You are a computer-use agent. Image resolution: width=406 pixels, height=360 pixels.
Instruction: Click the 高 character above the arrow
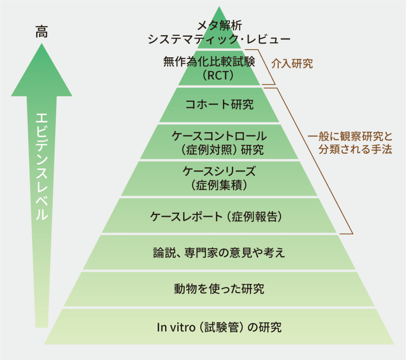[x=41, y=31]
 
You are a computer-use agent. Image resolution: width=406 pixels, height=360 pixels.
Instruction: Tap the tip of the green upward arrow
[x=41, y=44]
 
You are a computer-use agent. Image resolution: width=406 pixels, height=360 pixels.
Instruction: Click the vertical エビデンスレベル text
[x=42, y=167]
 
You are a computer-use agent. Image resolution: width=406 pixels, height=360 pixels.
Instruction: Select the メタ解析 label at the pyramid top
[x=220, y=25]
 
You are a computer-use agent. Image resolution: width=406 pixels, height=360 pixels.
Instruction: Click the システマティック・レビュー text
[x=219, y=39]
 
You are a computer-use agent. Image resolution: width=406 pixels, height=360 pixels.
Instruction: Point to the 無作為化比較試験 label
[x=209, y=61]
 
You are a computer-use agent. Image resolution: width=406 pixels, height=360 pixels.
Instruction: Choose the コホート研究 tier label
[x=219, y=105]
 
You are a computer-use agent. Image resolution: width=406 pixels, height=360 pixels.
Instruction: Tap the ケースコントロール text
[x=219, y=136]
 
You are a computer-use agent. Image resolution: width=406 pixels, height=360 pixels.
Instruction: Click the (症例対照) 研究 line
[x=222, y=150]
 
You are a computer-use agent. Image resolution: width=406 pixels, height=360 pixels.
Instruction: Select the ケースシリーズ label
[x=219, y=171]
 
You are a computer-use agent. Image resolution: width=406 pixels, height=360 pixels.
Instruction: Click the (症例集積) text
[x=219, y=185]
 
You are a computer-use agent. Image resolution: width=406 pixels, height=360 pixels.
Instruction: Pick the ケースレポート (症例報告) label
[x=216, y=217]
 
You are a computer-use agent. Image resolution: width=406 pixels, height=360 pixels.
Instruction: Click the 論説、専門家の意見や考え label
[x=219, y=253]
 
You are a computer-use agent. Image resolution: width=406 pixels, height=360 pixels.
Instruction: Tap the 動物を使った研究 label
[x=219, y=289]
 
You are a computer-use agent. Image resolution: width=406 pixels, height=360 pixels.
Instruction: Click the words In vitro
[x=176, y=328]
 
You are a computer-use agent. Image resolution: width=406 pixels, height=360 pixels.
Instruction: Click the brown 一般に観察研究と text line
[x=350, y=136]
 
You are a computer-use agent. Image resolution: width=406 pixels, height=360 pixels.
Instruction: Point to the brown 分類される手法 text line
[x=355, y=149]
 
